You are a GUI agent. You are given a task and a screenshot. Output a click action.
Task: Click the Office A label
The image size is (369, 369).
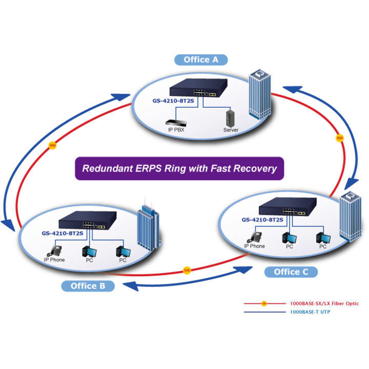pyautogui.click(x=201, y=60)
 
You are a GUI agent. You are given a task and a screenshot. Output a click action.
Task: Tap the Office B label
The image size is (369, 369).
pyautogui.click(x=88, y=286)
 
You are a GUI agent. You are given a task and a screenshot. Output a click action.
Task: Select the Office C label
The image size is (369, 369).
pyautogui.click(x=291, y=272)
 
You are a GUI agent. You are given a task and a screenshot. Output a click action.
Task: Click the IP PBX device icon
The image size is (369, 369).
pyautogui.click(x=176, y=123)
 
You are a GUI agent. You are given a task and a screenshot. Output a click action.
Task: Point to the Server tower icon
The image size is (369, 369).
pyautogui.click(x=230, y=118)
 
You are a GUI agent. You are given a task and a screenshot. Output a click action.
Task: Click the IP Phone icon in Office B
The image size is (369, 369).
pyautogui.click(x=55, y=251)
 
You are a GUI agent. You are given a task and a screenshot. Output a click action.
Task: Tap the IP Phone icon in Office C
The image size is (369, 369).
pyautogui.click(x=254, y=237)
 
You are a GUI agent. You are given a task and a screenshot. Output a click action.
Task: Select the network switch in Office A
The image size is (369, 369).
pyautogui.click(x=198, y=88)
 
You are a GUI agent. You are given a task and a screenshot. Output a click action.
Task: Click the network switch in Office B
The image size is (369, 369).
pyautogui.click(x=88, y=220)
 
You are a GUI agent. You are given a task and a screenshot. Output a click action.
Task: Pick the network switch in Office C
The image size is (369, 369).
pyautogui.click(x=288, y=207)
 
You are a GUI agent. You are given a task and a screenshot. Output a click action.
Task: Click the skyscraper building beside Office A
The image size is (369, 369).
pyautogui.click(x=260, y=94)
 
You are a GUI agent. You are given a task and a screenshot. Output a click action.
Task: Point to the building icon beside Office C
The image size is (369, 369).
pyautogui.click(x=351, y=216)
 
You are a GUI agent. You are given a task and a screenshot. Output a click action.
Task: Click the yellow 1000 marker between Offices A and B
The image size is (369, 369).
pyautogui.click(x=52, y=146)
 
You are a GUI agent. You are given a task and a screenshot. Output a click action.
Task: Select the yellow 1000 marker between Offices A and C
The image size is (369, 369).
pyautogui.click(x=340, y=138)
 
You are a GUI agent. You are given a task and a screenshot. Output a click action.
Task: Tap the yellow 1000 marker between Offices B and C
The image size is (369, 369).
pyautogui.click(x=187, y=271)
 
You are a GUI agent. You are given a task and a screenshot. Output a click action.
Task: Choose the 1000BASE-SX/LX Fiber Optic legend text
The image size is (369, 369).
pyautogui.click(x=324, y=303)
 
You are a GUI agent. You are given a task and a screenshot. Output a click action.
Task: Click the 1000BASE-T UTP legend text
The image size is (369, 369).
pyautogui.click(x=310, y=312)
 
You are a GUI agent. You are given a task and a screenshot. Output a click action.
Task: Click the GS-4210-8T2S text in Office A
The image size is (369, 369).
pyautogui.click(x=173, y=101)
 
